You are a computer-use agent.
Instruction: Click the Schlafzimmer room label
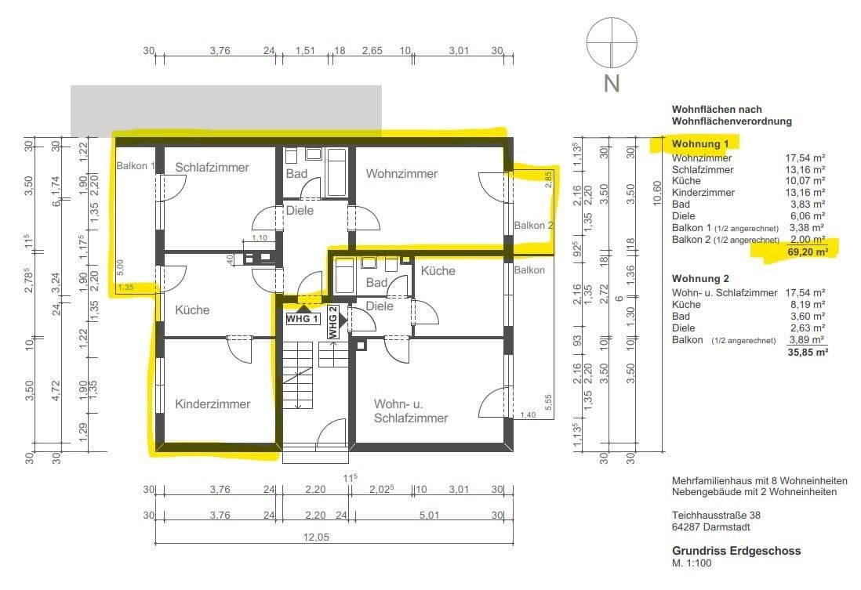pos(212,168)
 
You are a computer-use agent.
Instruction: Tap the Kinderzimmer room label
pos(213,404)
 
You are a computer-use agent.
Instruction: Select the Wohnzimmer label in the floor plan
pos(401,173)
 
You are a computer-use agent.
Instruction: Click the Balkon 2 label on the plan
pos(534,226)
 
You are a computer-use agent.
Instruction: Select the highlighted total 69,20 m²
pos(806,252)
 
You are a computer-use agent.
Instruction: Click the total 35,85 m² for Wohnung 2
pos(807,353)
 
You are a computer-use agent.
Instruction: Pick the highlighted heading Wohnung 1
pos(700,144)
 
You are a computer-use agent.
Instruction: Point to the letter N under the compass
pos(612,84)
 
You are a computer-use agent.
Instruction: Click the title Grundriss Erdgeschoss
pos(736,551)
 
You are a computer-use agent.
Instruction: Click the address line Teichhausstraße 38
pos(716,516)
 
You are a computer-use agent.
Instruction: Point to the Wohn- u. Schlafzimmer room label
pos(410,411)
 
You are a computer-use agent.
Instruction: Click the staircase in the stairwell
pos(299,375)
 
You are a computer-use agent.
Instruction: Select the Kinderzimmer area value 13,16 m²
pos(807,193)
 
